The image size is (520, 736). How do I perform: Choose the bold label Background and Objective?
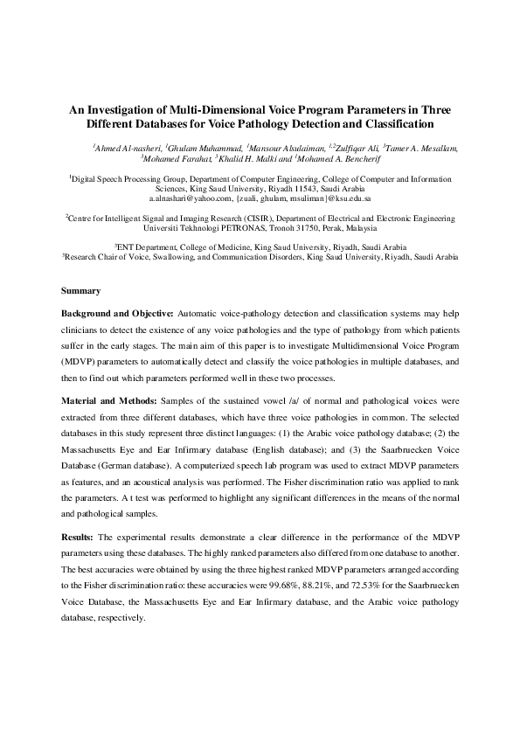pos(118,313)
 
